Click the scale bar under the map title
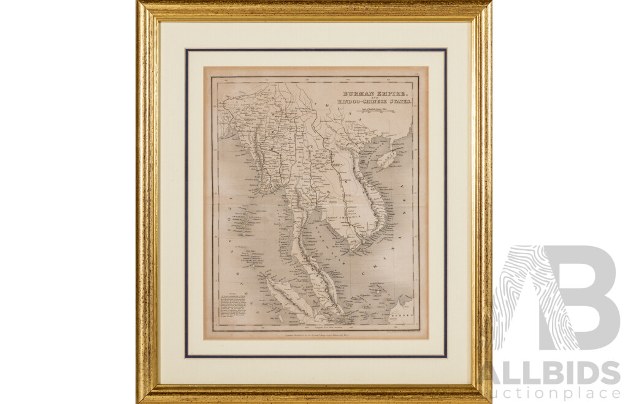click(374, 111)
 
